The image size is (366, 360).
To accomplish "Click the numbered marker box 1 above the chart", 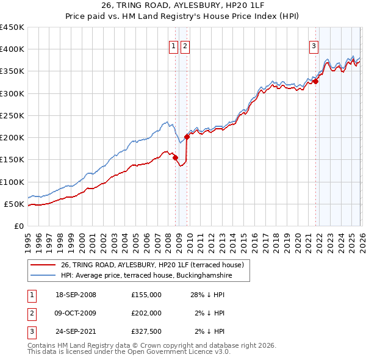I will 174,45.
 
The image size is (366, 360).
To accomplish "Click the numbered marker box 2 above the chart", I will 185,45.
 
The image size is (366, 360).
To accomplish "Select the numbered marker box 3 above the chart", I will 314,45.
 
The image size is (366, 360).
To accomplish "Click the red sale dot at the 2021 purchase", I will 316,81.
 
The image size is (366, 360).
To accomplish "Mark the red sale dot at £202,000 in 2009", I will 187,137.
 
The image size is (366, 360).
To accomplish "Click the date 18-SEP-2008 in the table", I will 76,295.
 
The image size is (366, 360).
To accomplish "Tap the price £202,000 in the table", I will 146,313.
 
